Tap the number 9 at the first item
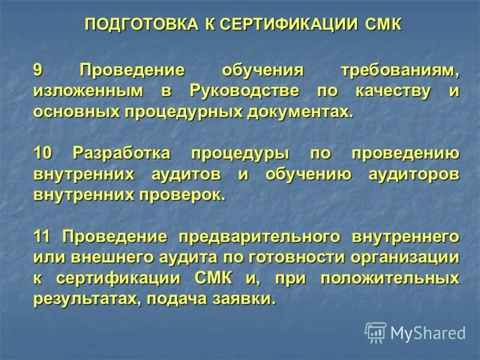coord(38,70)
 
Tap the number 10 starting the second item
coord(43,153)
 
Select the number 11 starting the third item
coord(43,236)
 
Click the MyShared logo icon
coord(376,332)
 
